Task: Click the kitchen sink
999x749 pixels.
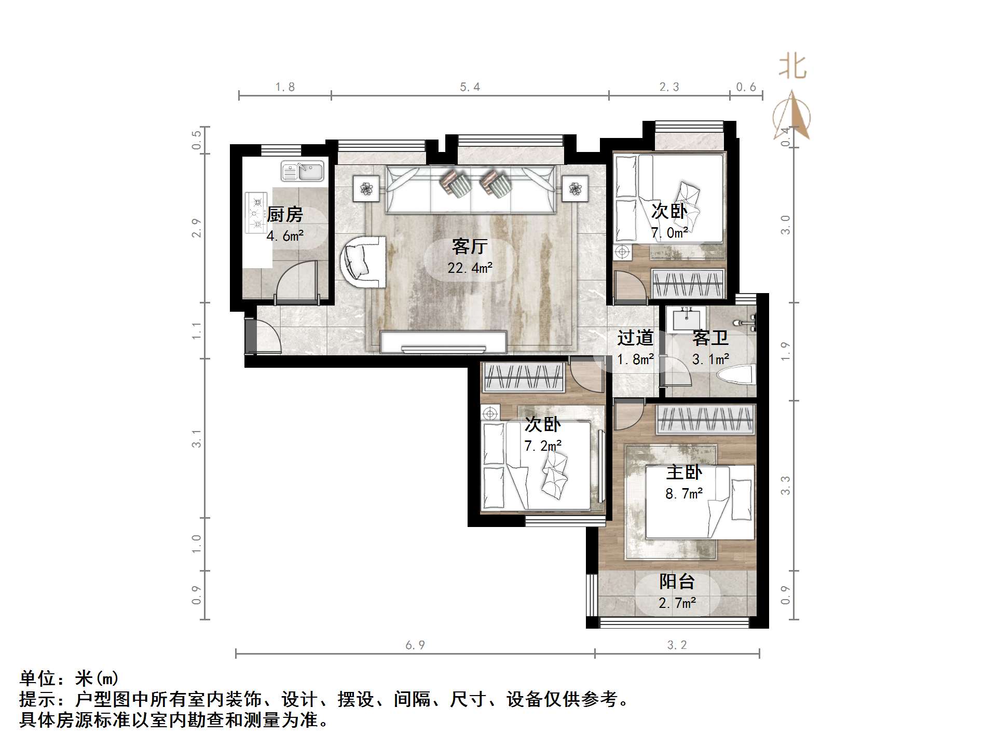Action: point(303,171)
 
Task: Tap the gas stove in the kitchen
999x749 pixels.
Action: point(255,213)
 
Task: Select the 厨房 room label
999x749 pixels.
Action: point(285,214)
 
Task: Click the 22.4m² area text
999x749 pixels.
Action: point(470,268)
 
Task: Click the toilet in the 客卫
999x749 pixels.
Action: point(735,374)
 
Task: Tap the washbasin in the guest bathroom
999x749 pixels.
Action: point(687,318)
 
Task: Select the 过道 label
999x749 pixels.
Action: point(635,338)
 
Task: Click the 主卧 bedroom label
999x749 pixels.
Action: point(684,472)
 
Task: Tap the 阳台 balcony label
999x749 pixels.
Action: point(677,581)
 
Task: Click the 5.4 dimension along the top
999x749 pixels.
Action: point(470,87)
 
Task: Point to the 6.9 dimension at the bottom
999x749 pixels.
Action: point(415,645)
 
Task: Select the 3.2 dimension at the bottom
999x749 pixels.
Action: point(677,645)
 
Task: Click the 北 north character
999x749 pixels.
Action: point(792,67)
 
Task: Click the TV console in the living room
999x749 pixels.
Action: point(443,342)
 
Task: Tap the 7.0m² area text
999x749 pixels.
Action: point(669,233)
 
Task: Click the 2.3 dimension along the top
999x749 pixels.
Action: point(669,87)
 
